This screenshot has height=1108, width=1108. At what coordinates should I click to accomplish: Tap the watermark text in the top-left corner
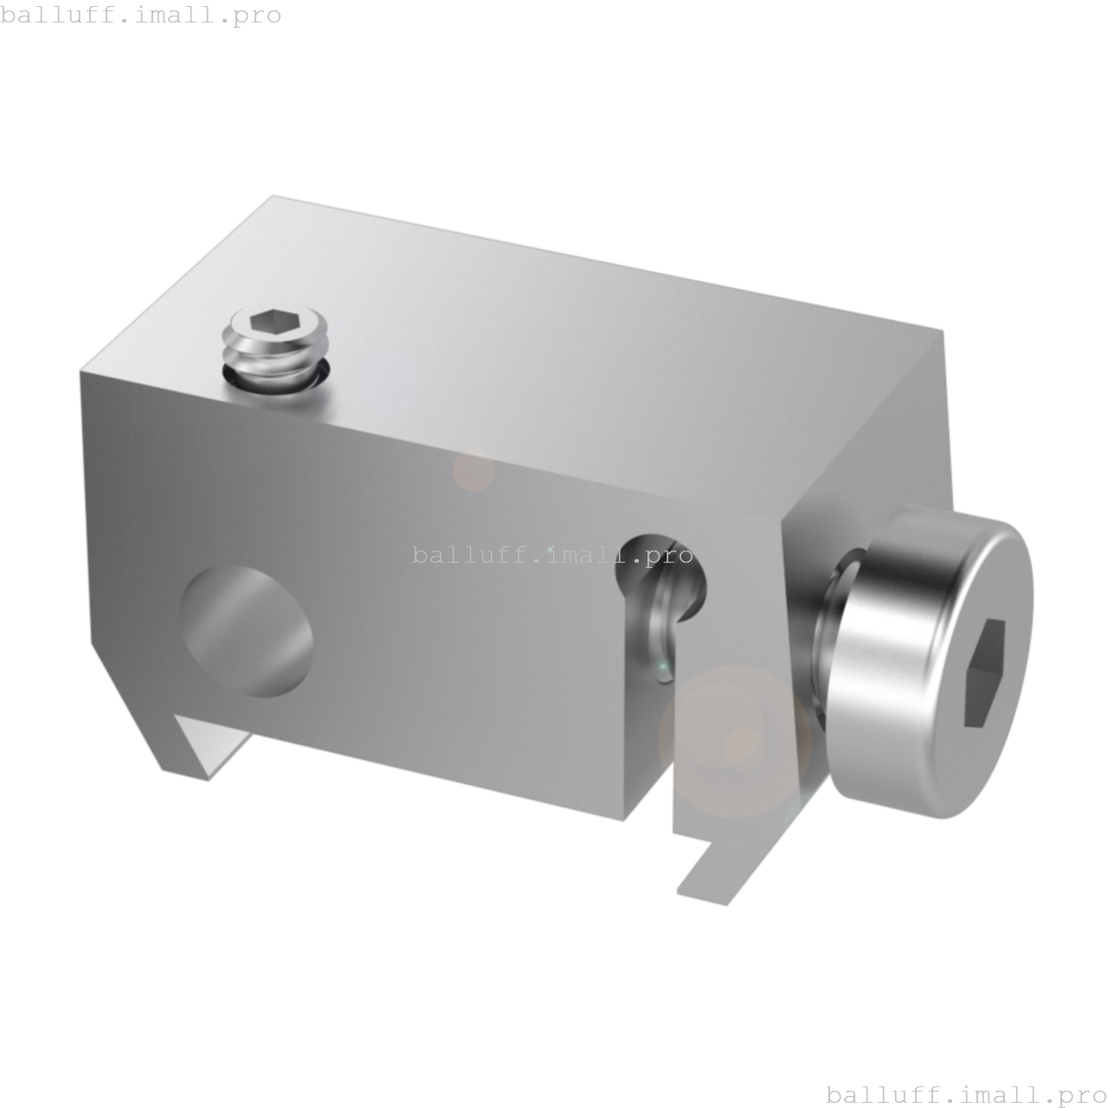[x=141, y=16]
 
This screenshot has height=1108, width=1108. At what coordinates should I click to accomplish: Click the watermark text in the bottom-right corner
[x=966, y=1094]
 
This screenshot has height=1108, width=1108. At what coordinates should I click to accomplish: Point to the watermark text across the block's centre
[x=552, y=554]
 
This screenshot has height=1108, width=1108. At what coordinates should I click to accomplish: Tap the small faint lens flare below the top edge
[x=473, y=472]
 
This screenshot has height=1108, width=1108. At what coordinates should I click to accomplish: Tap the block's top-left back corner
[x=273, y=196]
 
